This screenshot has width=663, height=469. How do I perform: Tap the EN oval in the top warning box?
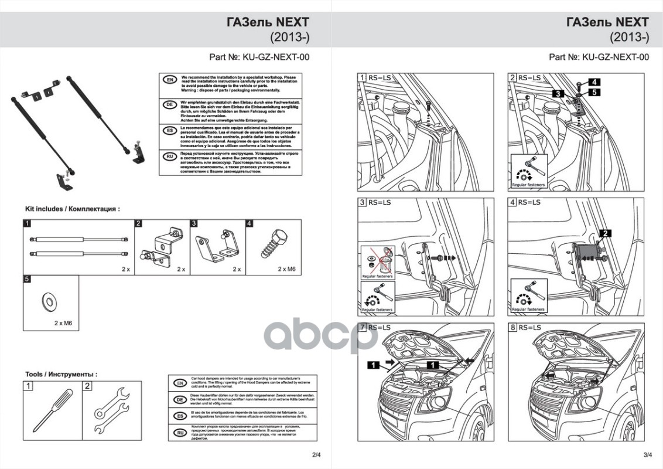tap(169, 80)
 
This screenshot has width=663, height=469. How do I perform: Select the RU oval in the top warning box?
tap(169, 157)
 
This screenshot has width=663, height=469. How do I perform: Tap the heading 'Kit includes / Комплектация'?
tap(72, 208)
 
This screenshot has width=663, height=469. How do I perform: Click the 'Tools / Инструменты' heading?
tap(61, 374)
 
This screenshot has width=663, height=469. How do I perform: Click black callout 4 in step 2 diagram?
tap(593, 82)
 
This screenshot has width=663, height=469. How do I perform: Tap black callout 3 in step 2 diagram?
tap(559, 93)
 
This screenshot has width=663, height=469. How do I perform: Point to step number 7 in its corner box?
tap(363, 327)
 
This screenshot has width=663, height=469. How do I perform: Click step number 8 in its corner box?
tap(513, 327)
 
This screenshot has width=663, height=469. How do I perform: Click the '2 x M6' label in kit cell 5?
tap(62, 323)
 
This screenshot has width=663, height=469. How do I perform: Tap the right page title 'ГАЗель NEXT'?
tap(607, 22)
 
